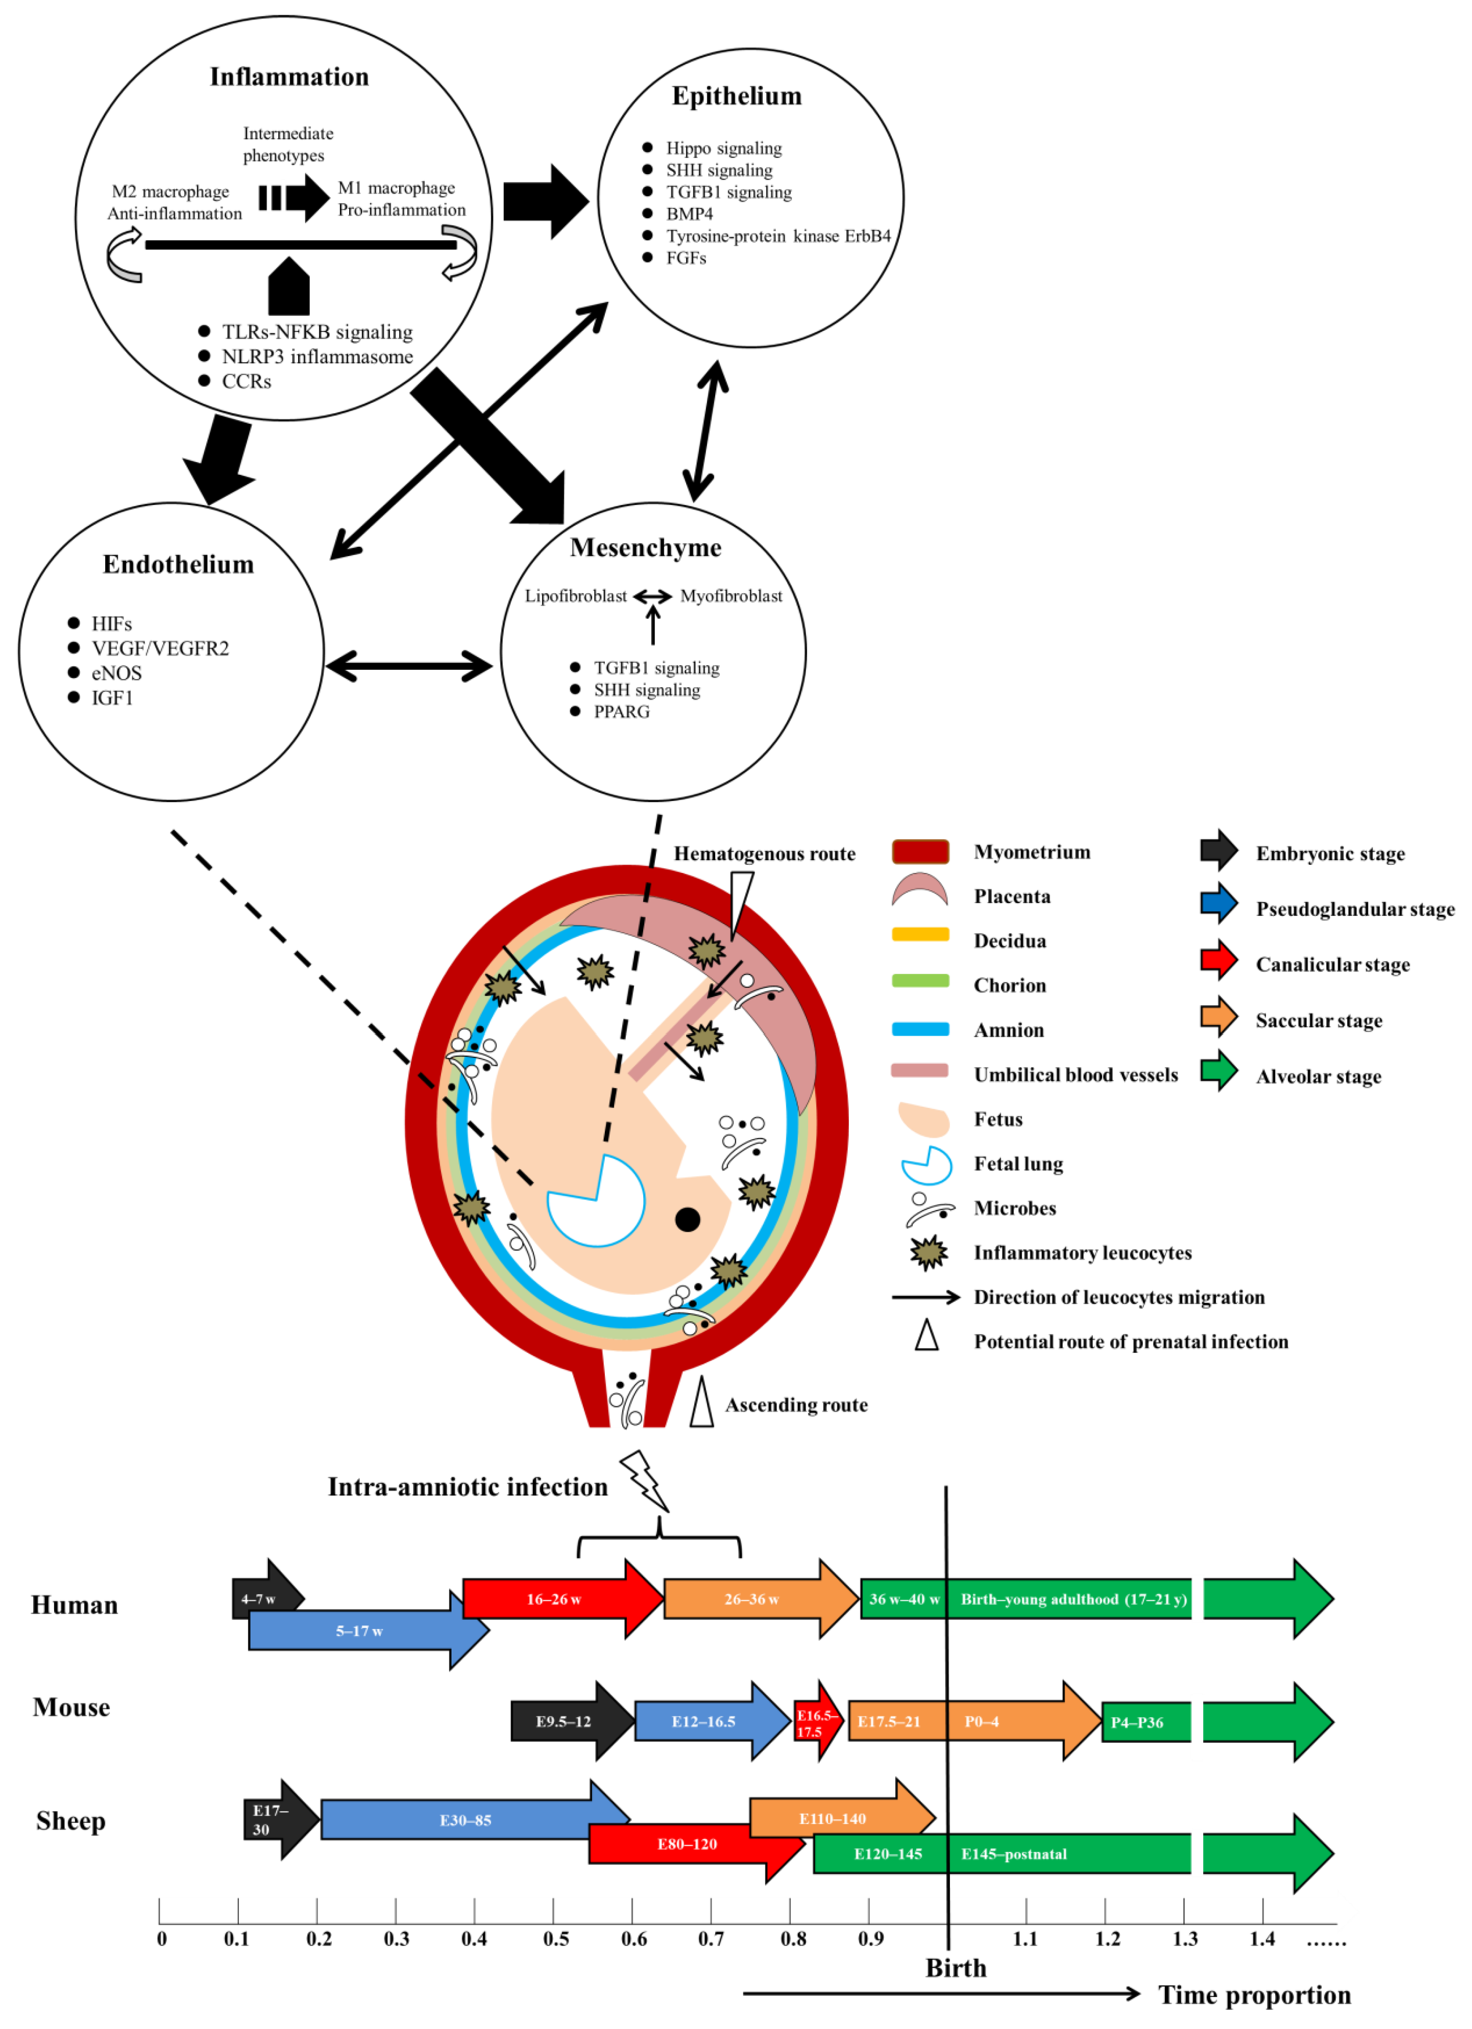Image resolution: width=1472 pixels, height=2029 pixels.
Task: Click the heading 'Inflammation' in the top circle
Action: pyautogui.click(x=289, y=77)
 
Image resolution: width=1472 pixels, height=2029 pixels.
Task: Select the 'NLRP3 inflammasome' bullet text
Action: pyautogui.click(x=317, y=357)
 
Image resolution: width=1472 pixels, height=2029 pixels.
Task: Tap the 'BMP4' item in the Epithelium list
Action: pyautogui.click(x=689, y=214)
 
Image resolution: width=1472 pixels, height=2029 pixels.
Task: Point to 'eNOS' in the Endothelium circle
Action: pyautogui.click(x=116, y=673)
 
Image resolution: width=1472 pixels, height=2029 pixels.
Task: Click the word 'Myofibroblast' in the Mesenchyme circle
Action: pyautogui.click(x=731, y=596)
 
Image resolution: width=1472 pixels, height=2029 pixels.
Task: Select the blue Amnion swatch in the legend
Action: pyautogui.click(x=920, y=1030)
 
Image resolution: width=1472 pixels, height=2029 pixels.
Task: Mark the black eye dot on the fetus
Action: pyautogui.click(x=687, y=1220)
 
